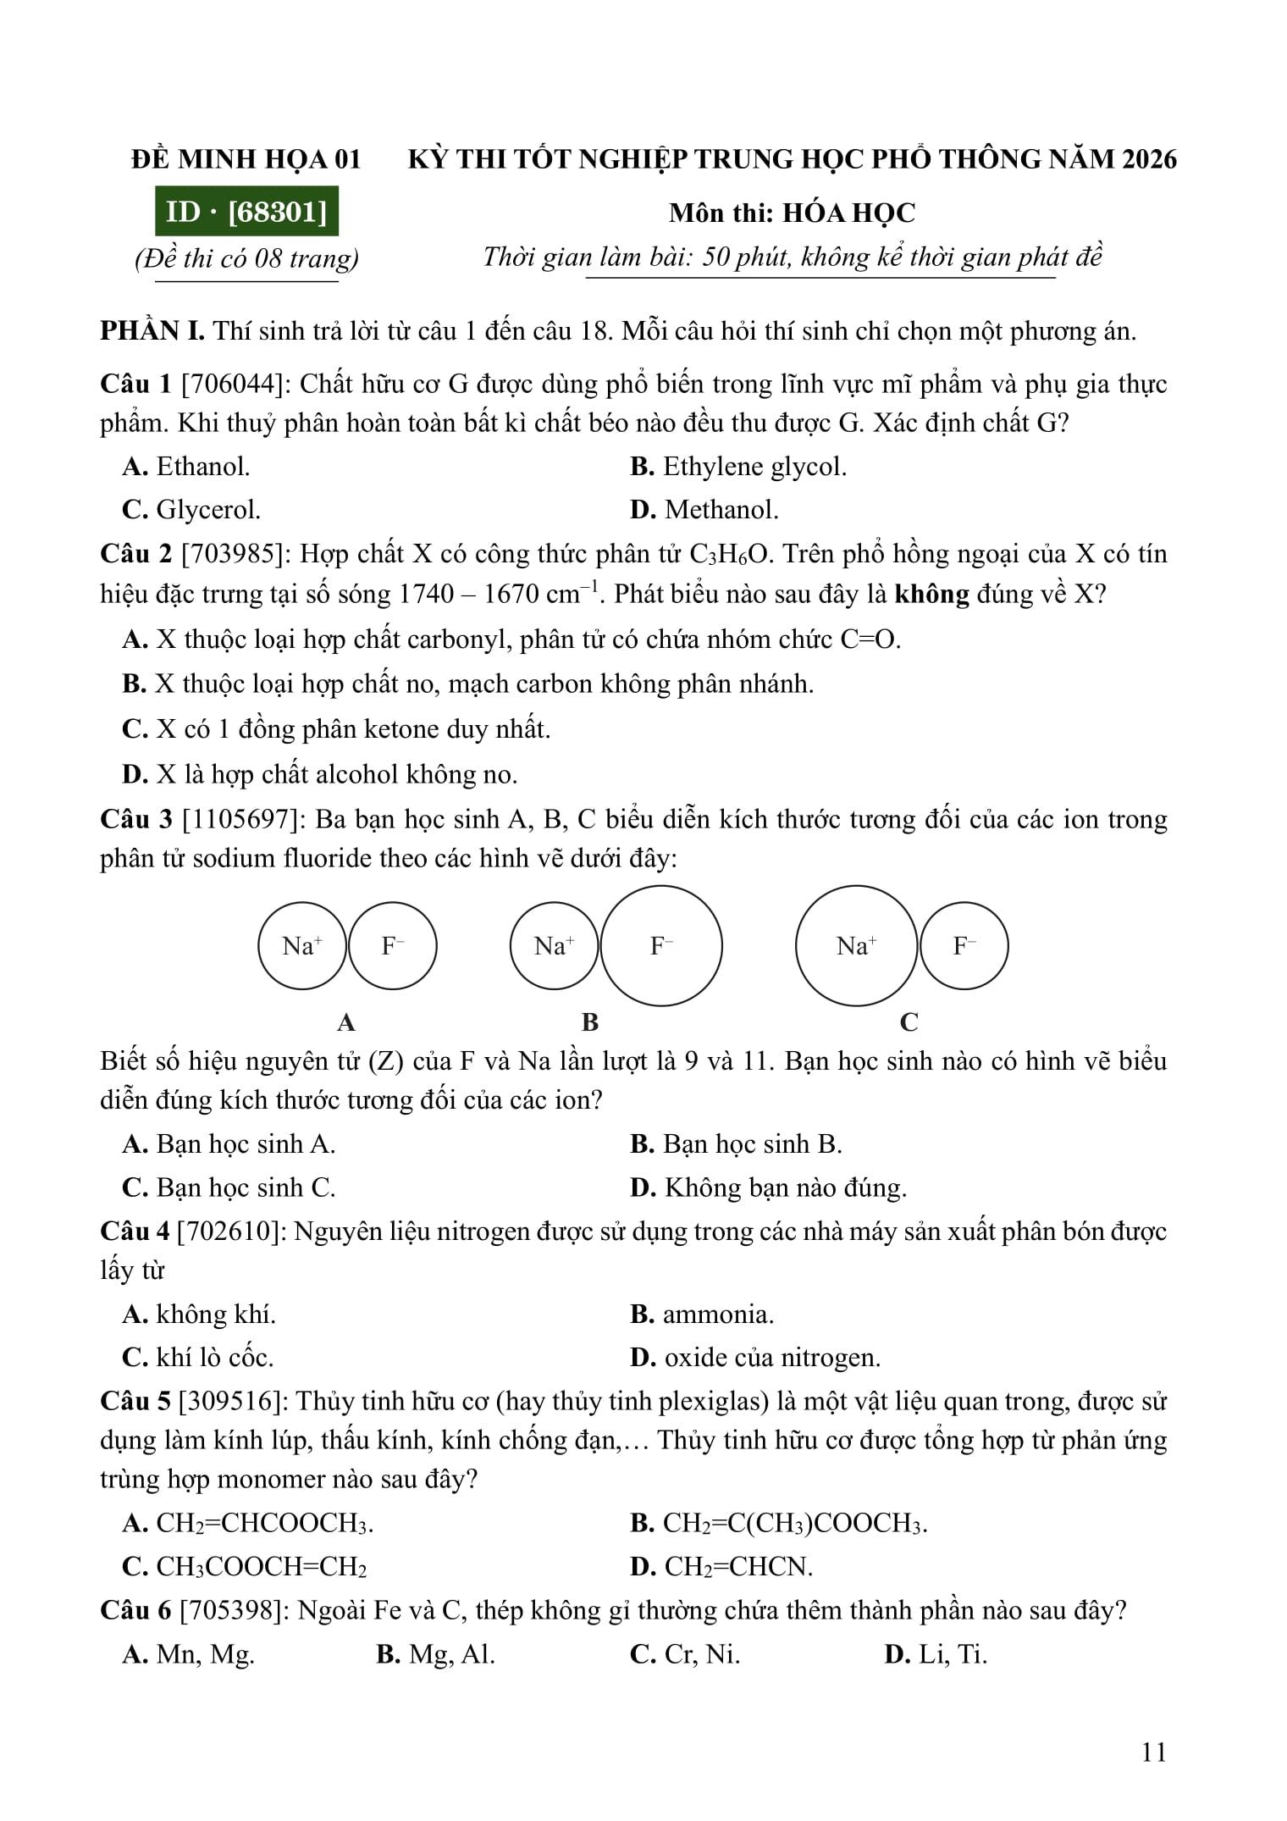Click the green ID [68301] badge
246,212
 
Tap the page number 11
1154,1752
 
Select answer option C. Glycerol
192,510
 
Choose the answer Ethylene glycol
738,467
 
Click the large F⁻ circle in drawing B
661,946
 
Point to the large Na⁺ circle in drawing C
856,946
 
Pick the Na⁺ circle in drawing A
302,946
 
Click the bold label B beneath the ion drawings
590,1023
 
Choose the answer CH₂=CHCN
722,1567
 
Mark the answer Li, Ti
936,1654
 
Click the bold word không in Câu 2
931,595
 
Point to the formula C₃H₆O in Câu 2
730,555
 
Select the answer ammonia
703,1315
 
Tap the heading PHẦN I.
152,331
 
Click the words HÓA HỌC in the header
848,213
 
